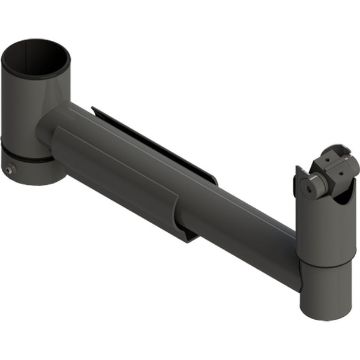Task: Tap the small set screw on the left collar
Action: click(x=8, y=170)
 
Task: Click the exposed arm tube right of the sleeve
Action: click(x=246, y=222)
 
